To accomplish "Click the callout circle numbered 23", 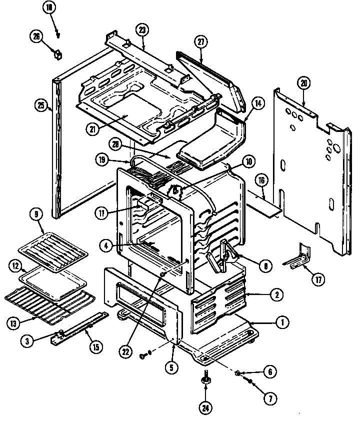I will tap(142, 30).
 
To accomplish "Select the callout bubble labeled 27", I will tap(201, 43).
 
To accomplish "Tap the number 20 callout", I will tap(302, 83).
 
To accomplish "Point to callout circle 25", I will tap(41, 105).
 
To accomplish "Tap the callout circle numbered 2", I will tap(275, 294).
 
